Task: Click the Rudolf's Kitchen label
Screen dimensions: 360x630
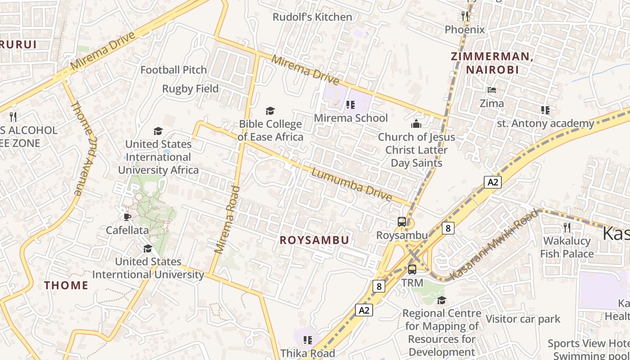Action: tap(312, 17)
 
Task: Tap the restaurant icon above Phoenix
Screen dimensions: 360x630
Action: tap(465, 16)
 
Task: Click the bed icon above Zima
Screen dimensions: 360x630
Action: tap(491, 90)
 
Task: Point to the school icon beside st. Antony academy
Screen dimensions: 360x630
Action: tap(545, 110)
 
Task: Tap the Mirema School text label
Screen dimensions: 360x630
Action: tap(351, 118)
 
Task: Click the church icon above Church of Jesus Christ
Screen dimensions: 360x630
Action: tap(416, 124)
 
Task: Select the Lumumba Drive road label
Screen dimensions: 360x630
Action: tap(351, 185)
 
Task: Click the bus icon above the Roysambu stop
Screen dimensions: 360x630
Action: tap(402, 221)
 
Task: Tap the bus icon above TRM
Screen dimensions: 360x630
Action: tap(412, 269)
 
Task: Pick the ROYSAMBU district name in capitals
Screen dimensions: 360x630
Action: tap(314, 240)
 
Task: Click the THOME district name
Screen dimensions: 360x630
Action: tap(66, 285)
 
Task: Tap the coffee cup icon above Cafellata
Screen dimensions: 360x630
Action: tap(127, 217)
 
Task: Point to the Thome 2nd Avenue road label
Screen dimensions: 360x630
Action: tap(83, 148)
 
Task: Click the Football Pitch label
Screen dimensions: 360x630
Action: tap(174, 70)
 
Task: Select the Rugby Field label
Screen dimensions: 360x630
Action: tap(190, 89)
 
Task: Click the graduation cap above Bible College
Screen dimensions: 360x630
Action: tap(270, 111)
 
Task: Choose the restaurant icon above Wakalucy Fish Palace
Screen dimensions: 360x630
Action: tap(567, 228)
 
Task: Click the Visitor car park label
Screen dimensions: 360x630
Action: tap(523, 319)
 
